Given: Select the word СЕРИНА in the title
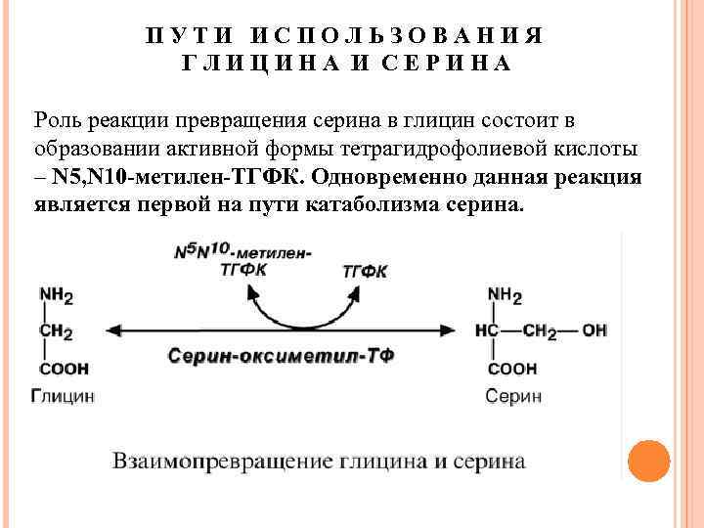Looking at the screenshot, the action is [450, 65].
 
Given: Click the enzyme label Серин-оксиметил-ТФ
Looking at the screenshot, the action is [281, 356].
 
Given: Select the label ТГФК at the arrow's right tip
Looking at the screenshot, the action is [364, 269].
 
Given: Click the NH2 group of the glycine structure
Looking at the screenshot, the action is [56, 294].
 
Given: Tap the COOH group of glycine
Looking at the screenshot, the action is [64, 370].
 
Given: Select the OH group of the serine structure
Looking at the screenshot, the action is [594, 330].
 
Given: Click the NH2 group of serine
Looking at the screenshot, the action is [505, 294].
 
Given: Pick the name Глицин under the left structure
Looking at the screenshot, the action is [63, 396].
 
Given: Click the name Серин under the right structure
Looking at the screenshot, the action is [511, 396].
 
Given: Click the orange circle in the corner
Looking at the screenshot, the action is [647, 461].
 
